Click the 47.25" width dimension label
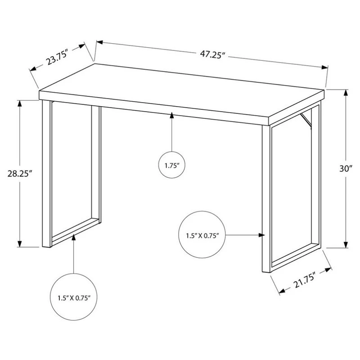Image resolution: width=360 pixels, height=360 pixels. tap(211, 55)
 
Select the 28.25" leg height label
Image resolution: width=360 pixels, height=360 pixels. tap(19, 173)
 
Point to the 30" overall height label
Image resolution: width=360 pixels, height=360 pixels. tap(346, 169)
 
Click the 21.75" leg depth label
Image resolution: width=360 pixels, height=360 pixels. tap(305, 280)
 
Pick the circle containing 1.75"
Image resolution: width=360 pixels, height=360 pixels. tap(172, 165)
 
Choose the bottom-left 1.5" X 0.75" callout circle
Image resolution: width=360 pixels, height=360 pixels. tap(73, 297)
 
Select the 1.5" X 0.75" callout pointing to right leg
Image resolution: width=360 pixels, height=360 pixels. tap(202, 234)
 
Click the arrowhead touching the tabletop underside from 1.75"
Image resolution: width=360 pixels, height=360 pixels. tap(172, 115)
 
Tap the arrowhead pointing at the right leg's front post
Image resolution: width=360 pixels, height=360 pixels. tap(262, 235)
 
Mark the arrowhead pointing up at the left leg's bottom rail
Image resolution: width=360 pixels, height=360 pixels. tap(73, 237)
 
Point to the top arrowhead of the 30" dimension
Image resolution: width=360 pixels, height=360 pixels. tap(346, 93)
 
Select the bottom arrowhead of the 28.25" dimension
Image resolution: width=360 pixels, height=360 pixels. tap(20, 244)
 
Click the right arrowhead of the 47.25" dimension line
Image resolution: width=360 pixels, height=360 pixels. tap(324, 67)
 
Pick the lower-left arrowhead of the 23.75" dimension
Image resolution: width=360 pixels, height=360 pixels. tap(33, 68)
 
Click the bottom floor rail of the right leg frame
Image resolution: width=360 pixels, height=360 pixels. tap(296, 257)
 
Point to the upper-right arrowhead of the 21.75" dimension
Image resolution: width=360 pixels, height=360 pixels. tap(328, 270)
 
